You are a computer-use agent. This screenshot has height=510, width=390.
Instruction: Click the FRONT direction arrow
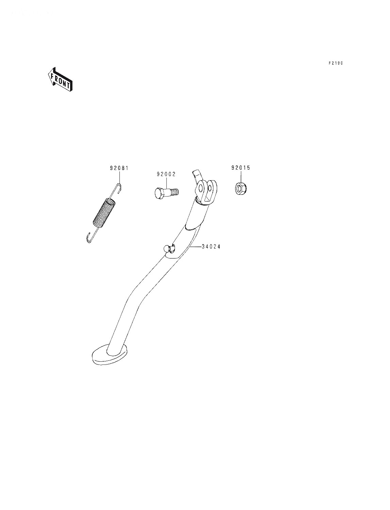(60, 79)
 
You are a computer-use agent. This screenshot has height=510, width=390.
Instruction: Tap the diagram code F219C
(336, 63)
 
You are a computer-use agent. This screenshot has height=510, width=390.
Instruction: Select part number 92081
(119, 168)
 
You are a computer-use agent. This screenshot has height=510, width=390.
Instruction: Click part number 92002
(166, 174)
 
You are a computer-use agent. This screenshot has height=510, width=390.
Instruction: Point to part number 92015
(241, 168)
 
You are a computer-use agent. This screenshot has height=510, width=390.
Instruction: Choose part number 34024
(211, 247)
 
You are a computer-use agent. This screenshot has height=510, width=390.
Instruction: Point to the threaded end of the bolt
(175, 192)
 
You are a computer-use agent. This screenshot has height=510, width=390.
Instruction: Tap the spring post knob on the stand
(168, 249)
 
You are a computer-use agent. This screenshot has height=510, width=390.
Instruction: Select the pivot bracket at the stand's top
(206, 192)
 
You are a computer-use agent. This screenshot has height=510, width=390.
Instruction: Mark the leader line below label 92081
(119, 178)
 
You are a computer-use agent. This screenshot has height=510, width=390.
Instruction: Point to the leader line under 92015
(241, 177)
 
